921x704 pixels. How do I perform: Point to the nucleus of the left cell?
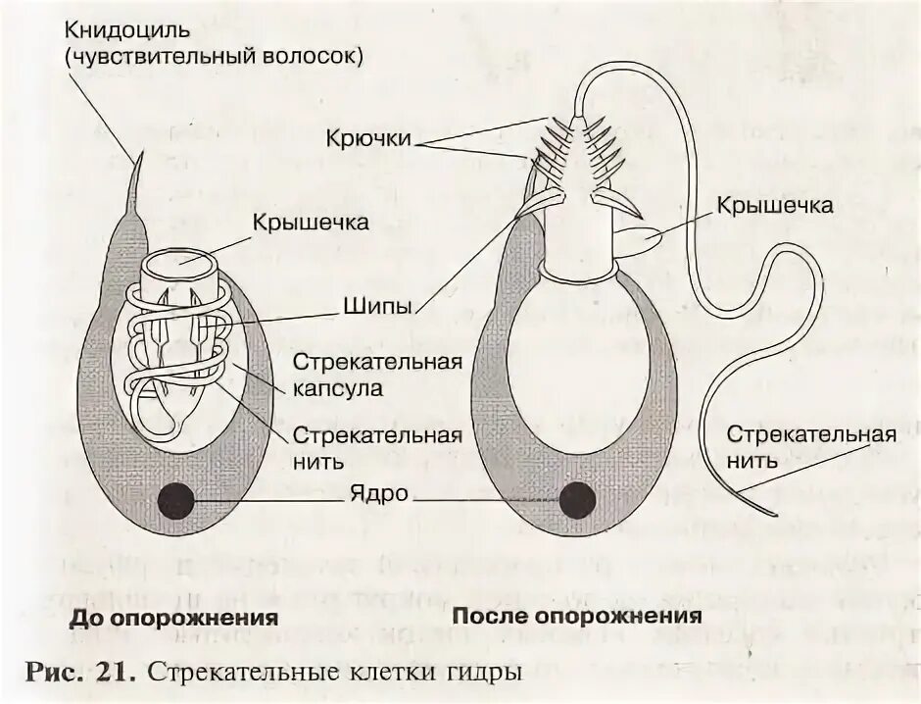[175, 502]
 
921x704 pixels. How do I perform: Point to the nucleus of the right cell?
[576, 500]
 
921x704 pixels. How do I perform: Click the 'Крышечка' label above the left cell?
[311, 223]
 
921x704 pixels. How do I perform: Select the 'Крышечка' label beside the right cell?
[774, 206]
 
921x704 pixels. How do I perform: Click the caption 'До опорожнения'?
[173, 620]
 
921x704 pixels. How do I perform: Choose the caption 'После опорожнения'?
[577, 617]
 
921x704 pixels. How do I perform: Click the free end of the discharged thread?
[774, 513]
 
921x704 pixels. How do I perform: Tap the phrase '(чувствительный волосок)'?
[215, 57]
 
